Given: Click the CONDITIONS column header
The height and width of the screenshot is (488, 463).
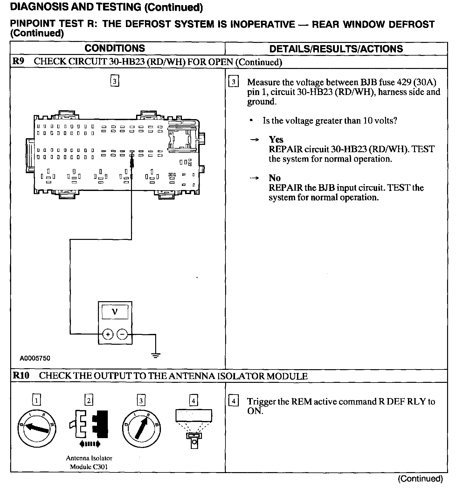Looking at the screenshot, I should (114, 48).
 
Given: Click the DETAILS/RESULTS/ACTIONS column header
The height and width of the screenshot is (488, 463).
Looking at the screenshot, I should (336, 49).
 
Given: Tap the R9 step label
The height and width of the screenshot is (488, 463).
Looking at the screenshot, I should (18, 62).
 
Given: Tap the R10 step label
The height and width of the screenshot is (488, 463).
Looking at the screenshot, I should (21, 376).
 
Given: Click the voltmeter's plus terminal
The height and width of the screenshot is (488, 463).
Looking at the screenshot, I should (108, 334).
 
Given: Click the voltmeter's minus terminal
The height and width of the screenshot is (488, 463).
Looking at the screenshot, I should (122, 334).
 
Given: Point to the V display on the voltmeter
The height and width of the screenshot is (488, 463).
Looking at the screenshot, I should (115, 312).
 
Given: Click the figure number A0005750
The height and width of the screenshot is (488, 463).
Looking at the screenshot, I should (35, 358).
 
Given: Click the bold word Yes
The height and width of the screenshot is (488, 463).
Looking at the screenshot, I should (276, 139).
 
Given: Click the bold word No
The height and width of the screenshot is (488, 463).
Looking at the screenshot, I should (274, 178).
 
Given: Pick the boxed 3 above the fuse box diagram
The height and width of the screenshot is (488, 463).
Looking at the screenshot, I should (114, 81).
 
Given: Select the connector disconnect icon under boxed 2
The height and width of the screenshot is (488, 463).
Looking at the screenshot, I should (89, 426).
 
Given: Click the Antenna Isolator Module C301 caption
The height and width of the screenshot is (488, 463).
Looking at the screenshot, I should (89, 462).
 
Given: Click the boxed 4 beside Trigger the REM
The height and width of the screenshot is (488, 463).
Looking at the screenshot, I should (233, 401).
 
